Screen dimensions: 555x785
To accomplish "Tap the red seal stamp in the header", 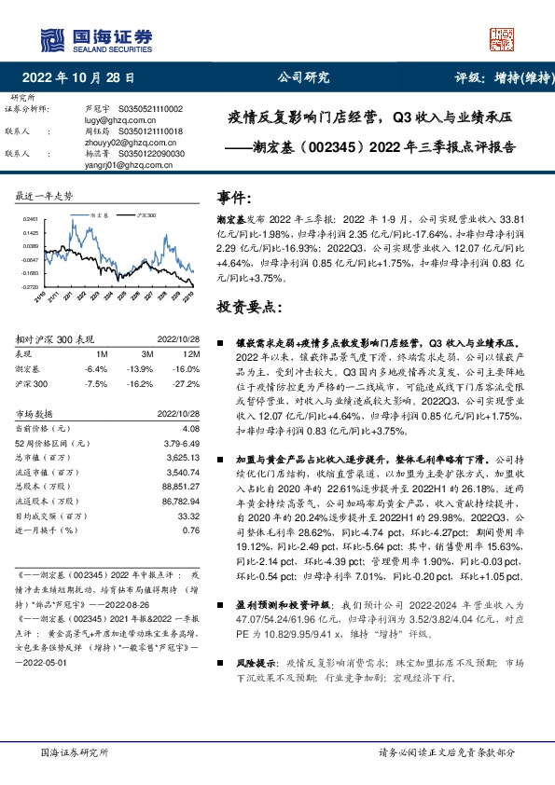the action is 503,38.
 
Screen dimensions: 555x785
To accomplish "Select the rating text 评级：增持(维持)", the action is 493,78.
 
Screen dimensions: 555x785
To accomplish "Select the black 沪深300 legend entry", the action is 142,213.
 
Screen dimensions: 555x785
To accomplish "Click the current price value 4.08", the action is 191,428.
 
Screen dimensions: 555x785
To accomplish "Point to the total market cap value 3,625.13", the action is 181,458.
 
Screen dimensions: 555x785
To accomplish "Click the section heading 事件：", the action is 234,198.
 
